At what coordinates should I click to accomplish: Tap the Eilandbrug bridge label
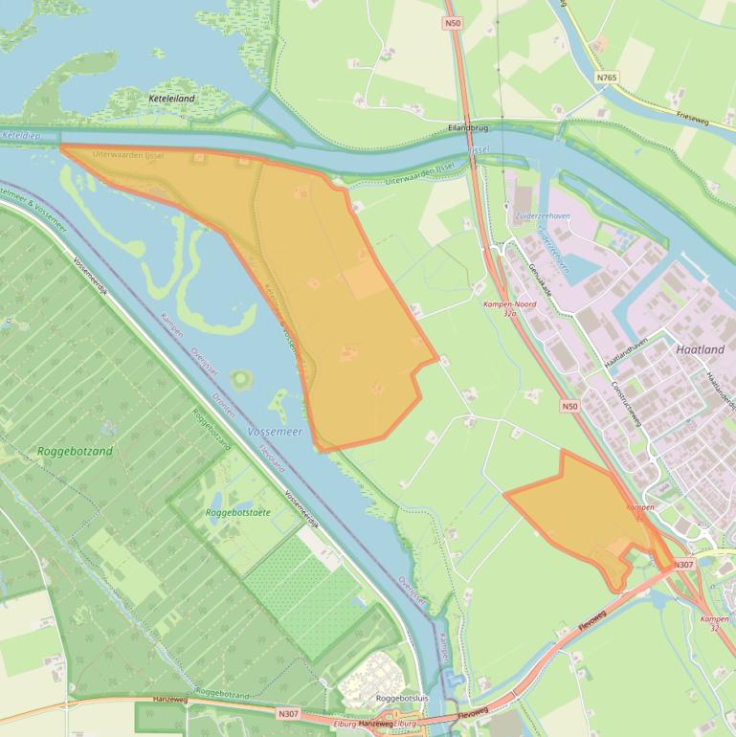pyautogui.click(x=468, y=127)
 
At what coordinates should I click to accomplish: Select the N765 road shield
pyautogui.click(x=605, y=78)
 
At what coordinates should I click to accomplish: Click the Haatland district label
pyautogui.click(x=700, y=349)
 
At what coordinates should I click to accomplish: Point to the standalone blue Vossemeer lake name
pyautogui.click(x=275, y=433)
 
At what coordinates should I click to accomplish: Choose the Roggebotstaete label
pyautogui.click(x=237, y=513)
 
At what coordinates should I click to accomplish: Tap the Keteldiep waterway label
pyautogui.click(x=21, y=136)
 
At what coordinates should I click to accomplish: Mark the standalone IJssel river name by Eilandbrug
pyautogui.click(x=480, y=150)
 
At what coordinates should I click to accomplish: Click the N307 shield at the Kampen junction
pyautogui.click(x=683, y=565)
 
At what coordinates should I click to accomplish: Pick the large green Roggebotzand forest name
pyautogui.click(x=76, y=451)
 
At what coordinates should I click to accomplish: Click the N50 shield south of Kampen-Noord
pyautogui.click(x=569, y=407)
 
